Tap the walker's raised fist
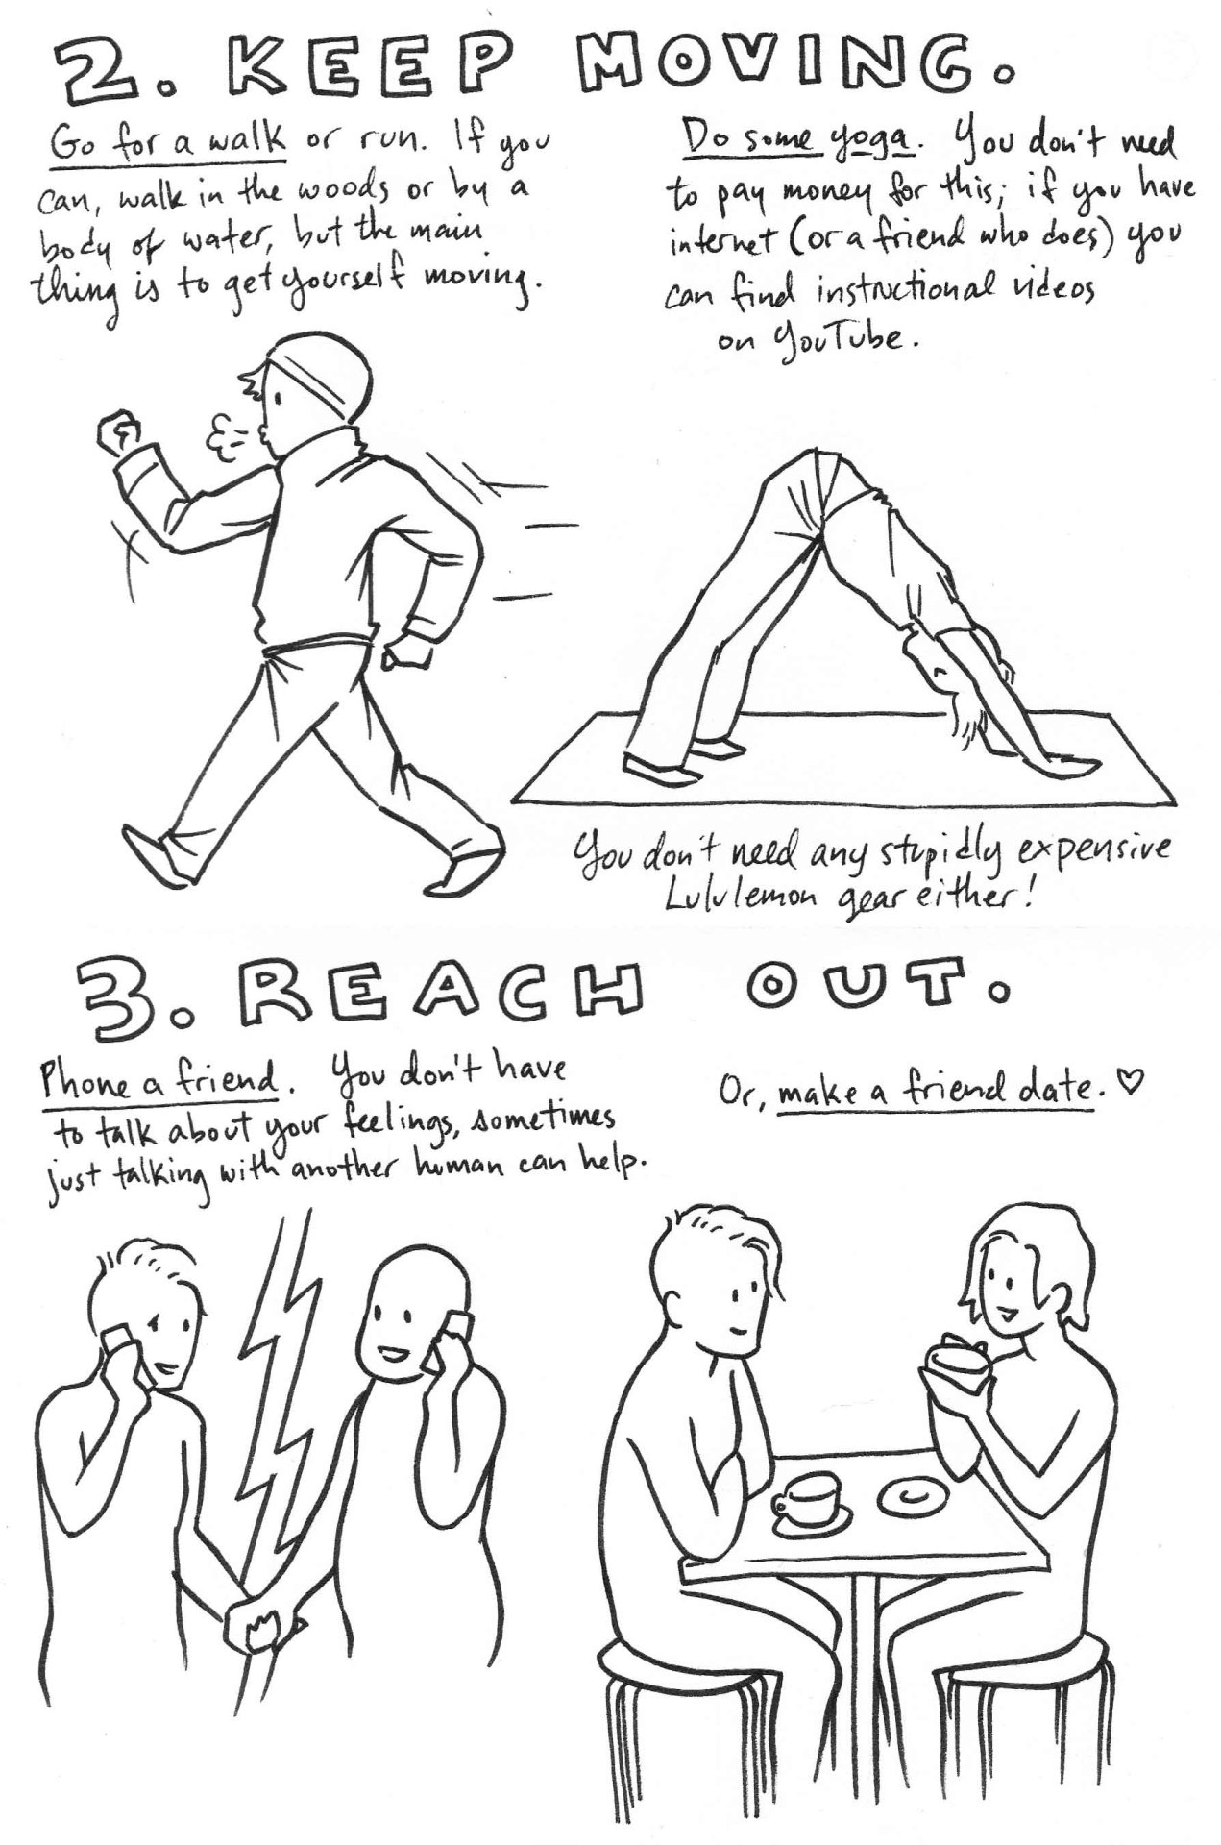tap(120, 436)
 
